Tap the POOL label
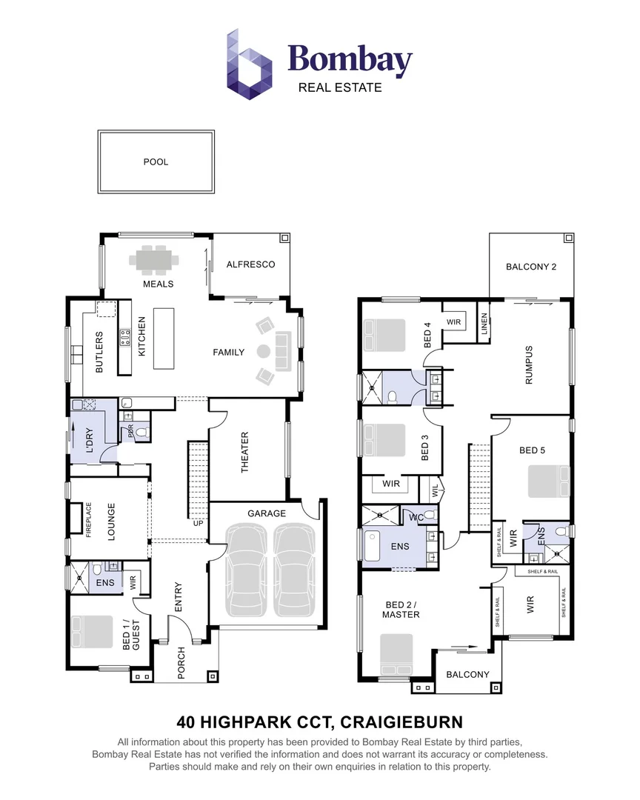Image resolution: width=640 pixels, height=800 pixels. point(156,161)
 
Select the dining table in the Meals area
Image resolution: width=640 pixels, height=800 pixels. point(155,261)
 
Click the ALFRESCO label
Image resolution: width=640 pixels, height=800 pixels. point(250,264)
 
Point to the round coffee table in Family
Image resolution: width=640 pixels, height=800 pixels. point(263,351)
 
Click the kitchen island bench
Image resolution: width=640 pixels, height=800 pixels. point(165,340)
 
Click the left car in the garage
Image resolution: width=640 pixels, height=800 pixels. point(244,569)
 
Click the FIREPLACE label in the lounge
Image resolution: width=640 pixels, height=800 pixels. point(87,519)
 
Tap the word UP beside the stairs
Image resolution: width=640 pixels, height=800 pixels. point(198,524)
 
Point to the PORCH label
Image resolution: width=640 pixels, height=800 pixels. point(181,663)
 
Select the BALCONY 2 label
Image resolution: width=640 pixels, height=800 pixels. point(530,267)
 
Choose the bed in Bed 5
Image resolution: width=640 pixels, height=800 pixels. point(548,481)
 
